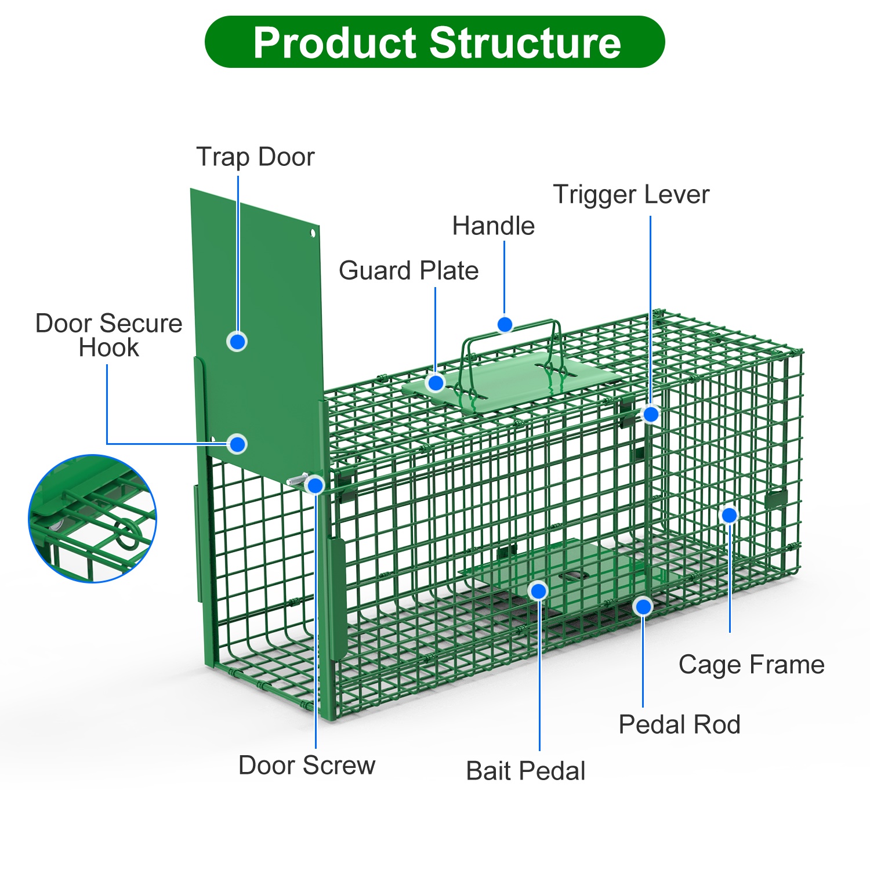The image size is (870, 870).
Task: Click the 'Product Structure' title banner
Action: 435,42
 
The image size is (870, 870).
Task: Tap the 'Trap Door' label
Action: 255,157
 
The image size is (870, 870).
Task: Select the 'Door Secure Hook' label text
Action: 109,335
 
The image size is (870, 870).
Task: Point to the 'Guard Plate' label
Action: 408,270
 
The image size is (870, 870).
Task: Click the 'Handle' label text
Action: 493,226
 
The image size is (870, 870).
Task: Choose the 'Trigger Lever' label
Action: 631,194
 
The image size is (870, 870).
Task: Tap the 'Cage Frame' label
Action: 751,664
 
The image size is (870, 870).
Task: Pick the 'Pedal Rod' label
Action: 679,724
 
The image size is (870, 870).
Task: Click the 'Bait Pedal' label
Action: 525,771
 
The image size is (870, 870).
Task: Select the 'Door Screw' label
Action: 307,765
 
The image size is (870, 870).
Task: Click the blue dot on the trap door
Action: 237,342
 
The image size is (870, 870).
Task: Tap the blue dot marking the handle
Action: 505,324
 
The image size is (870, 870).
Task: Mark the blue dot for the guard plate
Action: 436,383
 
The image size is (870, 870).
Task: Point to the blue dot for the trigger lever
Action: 651,414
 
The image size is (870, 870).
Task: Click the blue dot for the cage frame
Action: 729,515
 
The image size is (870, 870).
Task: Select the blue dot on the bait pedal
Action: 538,591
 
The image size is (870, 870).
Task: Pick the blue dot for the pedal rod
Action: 643,607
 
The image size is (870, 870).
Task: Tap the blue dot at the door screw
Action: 315,485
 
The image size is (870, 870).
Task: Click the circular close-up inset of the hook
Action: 93,519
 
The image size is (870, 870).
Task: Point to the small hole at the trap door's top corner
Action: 312,233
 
